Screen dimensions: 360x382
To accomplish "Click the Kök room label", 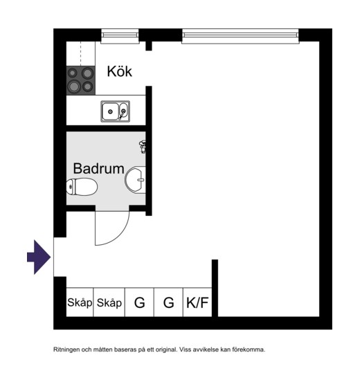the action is pos(120,71).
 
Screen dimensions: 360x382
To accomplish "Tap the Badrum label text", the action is pos(98,168).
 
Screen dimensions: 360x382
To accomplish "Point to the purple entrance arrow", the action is pos(39,257).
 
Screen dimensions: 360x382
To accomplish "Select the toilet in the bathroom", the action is pos(82,187).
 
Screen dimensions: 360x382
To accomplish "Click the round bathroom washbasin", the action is pos(136,180).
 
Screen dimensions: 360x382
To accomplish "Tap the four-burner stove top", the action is pos(81,80).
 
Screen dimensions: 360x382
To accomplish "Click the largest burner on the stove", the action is pos(74,87).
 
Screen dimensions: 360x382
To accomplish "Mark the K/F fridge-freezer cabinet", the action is pos(197,302).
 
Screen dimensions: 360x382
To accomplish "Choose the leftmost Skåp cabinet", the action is pos(80,302).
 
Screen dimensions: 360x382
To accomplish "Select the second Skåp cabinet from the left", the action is pos(109,302).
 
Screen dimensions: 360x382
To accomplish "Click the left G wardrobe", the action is pos(139,302).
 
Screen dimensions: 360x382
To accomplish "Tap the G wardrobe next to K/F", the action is pos(168,302).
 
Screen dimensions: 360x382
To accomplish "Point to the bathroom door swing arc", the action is pos(120,235).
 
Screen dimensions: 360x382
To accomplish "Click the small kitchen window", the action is pos(120,36).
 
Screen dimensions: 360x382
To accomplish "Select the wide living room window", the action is pos(240,36).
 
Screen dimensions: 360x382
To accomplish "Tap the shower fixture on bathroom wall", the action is pos(143,147).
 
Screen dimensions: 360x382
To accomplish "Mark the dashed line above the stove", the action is pos(81,53).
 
